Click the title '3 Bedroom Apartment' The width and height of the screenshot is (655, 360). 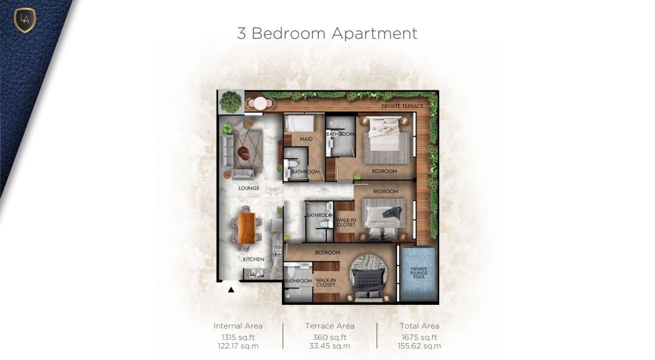pos(327,33)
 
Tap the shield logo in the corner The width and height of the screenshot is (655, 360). pos(25,19)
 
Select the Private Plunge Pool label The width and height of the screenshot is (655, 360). pos(419,273)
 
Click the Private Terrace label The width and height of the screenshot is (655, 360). pos(402,106)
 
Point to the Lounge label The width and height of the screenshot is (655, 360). pos(249,188)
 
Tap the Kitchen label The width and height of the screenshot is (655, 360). pos(254,259)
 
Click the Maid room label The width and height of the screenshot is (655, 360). pos(306,139)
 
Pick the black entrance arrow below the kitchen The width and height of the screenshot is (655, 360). pos(231,290)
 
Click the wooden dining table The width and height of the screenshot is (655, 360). pos(246,228)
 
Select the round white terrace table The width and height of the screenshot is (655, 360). pos(261,103)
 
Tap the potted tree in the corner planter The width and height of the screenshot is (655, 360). pos(230,102)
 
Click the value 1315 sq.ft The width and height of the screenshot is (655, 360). pos(238,338)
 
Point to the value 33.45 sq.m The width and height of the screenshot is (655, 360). pos(330,346)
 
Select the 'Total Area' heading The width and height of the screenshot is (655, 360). pos(420,325)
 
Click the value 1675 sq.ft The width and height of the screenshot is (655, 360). pos(420,338)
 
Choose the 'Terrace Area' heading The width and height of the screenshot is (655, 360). pos(330,325)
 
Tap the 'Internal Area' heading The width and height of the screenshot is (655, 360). pos(238,325)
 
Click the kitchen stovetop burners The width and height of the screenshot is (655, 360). pos(278,251)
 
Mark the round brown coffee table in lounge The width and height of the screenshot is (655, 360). pos(244,154)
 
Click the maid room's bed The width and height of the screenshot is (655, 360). pos(300,123)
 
